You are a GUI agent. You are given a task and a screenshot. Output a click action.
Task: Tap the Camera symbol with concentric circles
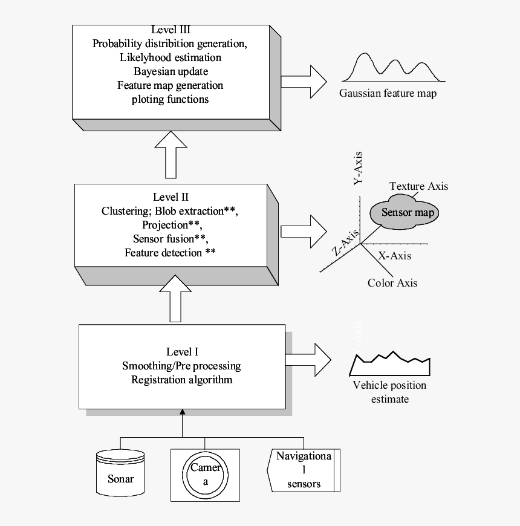(206, 475)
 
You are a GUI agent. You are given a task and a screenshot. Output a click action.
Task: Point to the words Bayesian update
(170, 71)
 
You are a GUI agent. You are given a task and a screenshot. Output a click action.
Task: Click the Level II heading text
(171, 197)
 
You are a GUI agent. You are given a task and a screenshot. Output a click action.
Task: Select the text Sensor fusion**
(171, 239)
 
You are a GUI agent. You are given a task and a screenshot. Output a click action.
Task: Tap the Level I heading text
(182, 352)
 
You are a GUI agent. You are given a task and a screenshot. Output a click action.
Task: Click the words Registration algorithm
(182, 380)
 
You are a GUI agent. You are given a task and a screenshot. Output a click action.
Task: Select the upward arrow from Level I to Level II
(175, 299)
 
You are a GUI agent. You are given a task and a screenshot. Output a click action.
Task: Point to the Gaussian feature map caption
(388, 94)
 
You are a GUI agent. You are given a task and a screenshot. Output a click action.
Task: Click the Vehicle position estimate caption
(389, 392)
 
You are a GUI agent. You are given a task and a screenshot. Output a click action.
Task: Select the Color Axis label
(392, 282)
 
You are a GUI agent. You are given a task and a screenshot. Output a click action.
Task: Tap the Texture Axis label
(419, 186)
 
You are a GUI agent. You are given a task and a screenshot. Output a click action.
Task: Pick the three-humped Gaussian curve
(393, 68)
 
